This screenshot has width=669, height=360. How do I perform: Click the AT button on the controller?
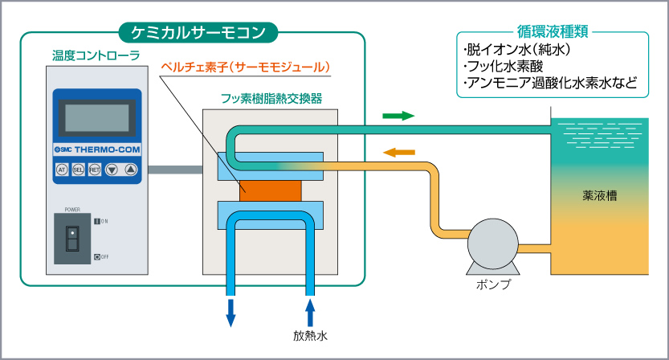(63, 170)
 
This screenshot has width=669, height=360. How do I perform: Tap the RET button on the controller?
(95, 170)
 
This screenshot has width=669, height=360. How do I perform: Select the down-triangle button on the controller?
(112, 170)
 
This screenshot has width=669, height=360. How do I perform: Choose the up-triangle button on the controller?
(131, 170)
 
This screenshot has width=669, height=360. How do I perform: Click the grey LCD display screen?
(97, 118)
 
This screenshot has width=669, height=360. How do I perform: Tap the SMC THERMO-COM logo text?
(97, 150)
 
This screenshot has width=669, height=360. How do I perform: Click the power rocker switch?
(72, 239)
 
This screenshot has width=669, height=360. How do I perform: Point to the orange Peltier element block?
(270, 190)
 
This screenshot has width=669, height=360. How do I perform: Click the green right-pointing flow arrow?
(398, 116)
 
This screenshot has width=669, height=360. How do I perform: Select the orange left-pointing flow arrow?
(399, 152)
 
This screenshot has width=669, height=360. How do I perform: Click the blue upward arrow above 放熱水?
(310, 313)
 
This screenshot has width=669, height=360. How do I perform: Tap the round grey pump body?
(493, 243)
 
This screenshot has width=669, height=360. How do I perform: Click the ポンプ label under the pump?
(494, 284)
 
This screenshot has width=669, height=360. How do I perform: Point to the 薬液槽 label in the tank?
(599, 195)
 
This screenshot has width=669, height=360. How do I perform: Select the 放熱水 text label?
(310, 336)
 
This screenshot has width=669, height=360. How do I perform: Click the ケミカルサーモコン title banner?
(198, 32)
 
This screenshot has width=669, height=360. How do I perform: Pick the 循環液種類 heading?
(553, 31)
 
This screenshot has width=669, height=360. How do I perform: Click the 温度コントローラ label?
(96, 55)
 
